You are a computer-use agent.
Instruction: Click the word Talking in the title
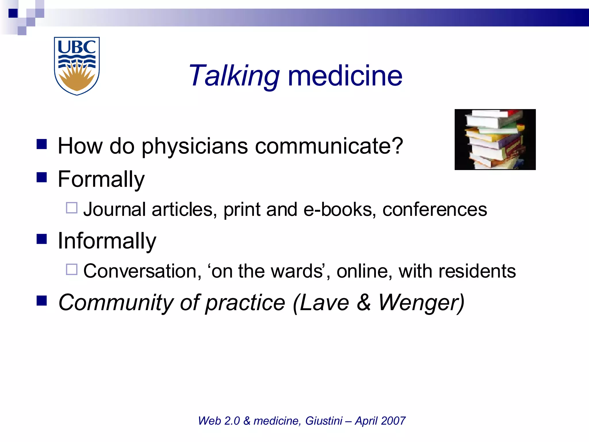point(234,76)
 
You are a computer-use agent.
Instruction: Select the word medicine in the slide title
point(345,76)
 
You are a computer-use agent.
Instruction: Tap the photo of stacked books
point(495,140)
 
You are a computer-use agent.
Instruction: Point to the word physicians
point(195,146)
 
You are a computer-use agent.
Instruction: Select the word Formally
point(101,179)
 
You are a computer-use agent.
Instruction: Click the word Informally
point(107,241)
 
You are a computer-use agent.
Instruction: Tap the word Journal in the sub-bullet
point(114,209)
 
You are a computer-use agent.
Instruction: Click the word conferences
point(435,209)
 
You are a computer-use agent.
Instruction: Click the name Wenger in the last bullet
point(421,303)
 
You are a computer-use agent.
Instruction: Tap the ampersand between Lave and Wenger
point(364,303)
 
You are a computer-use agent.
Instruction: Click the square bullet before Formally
point(42,178)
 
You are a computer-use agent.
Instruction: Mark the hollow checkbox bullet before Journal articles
point(72,208)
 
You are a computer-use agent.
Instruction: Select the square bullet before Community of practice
point(42,301)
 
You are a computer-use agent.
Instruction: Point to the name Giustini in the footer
point(324,421)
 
